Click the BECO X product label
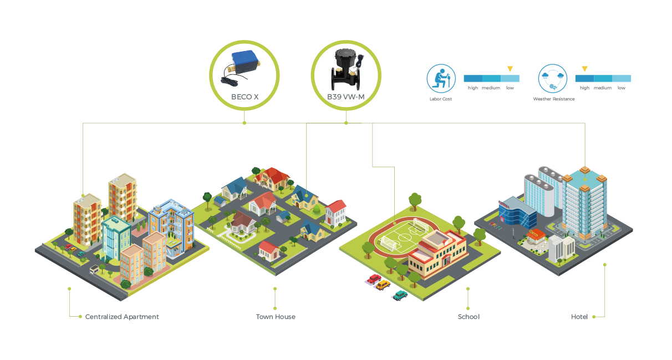tap(245, 97)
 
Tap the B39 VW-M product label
tap(345, 97)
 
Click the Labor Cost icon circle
tap(441, 79)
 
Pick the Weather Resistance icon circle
tap(553, 79)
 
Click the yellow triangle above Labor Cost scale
tap(510, 68)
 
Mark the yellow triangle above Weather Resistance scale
tap(584, 68)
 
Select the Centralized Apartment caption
tap(122, 317)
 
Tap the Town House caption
tap(276, 317)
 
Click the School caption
tap(469, 317)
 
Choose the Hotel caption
tap(579, 317)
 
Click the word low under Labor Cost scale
tap(510, 88)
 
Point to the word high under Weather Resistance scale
tap(584, 88)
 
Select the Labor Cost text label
tap(441, 99)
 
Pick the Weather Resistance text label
tap(553, 99)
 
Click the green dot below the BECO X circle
tap(245, 123)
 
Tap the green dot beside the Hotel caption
tap(594, 317)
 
